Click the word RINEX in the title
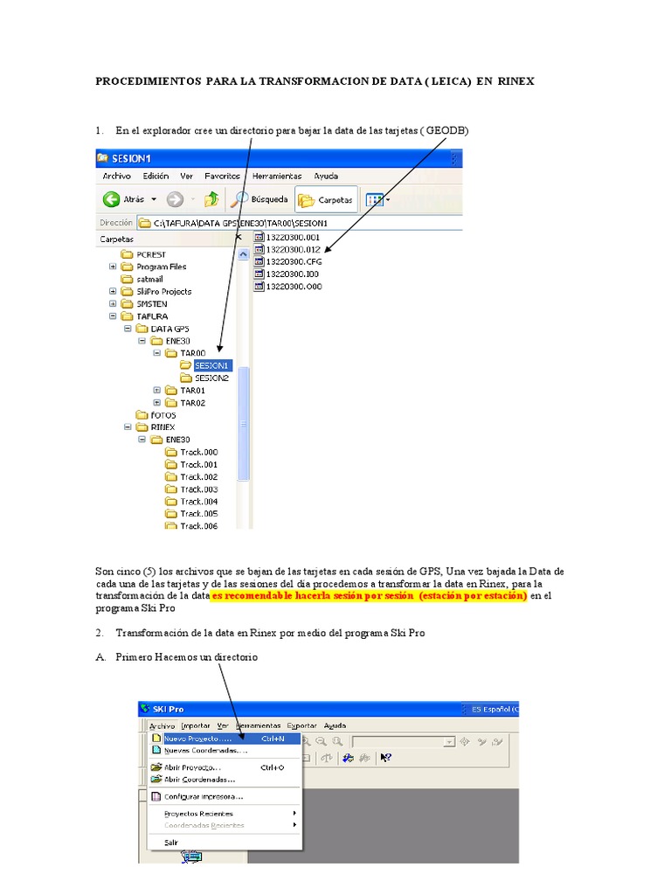click(x=516, y=80)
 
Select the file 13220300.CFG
click(x=293, y=260)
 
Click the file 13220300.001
click(x=293, y=236)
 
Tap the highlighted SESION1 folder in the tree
click(x=212, y=365)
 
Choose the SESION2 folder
click(x=211, y=378)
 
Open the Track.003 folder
click(x=198, y=489)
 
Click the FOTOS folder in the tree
click(x=163, y=415)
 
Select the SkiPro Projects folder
click(x=163, y=291)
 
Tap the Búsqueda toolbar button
click(x=262, y=199)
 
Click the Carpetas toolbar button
click(x=327, y=199)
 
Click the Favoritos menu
click(x=223, y=176)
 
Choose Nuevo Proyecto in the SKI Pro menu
click(x=192, y=739)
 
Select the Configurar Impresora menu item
click(x=203, y=796)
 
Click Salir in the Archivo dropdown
click(x=171, y=843)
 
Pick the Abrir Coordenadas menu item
click(x=199, y=779)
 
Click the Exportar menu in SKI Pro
click(x=302, y=725)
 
